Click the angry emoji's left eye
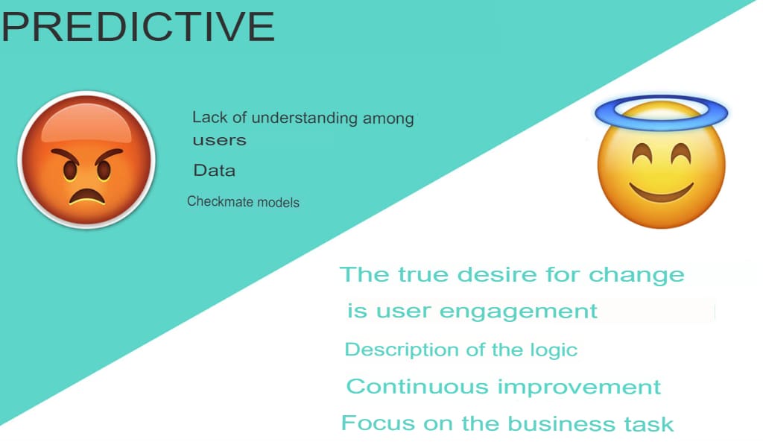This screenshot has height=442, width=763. click(70, 170)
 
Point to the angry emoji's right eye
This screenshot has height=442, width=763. click(104, 169)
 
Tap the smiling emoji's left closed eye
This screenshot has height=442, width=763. click(642, 153)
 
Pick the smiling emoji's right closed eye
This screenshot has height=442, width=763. click(680, 152)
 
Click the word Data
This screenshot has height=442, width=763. click(214, 171)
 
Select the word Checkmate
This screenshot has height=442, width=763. click(220, 201)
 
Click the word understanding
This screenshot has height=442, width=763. click(305, 118)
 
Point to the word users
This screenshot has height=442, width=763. click(220, 141)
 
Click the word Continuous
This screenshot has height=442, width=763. click(417, 387)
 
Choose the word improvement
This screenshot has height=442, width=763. click(579, 388)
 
